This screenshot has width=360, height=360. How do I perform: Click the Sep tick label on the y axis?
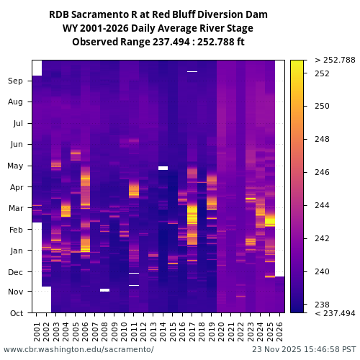(16, 81)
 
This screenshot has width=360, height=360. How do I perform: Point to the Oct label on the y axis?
(16, 313)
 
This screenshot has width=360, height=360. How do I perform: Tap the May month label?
(15, 166)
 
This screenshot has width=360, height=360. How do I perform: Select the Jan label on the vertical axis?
(16, 251)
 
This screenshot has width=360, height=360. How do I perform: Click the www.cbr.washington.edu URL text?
(78, 349)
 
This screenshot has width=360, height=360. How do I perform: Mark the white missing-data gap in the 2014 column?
(163, 168)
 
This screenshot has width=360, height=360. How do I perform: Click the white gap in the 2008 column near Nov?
(105, 290)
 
